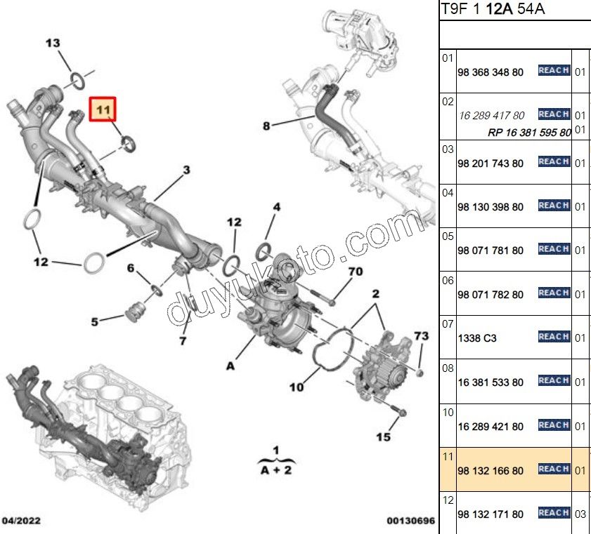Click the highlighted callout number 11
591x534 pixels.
pyautogui.click(x=104, y=110)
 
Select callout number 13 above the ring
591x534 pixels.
pyautogui.click(x=53, y=44)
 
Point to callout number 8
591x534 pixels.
pyautogui.click(x=266, y=126)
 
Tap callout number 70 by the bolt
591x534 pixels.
pyautogui.click(x=356, y=271)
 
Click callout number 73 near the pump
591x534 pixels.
pyautogui.click(x=421, y=337)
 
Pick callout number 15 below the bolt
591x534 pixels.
pyautogui.click(x=382, y=437)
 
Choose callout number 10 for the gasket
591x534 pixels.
pyautogui.click(x=296, y=386)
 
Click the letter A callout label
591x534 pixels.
pyautogui.click(x=230, y=365)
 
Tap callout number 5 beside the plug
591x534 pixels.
pyautogui.click(x=94, y=322)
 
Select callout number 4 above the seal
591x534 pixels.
pyautogui.click(x=276, y=207)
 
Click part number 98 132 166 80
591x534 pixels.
pyautogui.click(x=490, y=470)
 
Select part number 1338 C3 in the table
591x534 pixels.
pyautogui.click(x=476, y=338)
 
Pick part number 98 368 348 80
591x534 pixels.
pyautogui.click(x=490, y=72)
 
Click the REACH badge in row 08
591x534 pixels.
pyautogui.click(x=553, y=380)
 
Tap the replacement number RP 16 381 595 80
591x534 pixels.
pyautogui.click(x=529, y=132)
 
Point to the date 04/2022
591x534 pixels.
pyautogui.click(x=22, y=521)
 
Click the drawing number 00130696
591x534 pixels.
pyautogui.click(x=410, y=521)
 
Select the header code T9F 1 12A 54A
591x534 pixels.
pyautogui.click(x=492, y=9)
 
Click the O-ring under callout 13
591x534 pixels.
pyautogui.click(x=78, y=82)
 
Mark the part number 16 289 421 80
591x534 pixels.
pyautogui.click(x=490, y=427)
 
